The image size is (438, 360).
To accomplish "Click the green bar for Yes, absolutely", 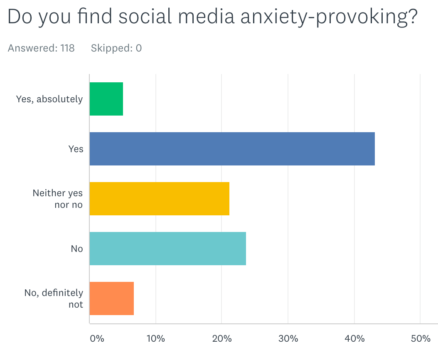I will click(106, 99).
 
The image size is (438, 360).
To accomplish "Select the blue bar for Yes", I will click(232, 149).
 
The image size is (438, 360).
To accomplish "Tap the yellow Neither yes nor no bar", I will click(159, 199).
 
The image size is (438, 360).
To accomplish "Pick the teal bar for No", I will click(167, 249).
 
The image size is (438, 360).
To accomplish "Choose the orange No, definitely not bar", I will click(111, 298).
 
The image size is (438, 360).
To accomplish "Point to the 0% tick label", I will click(97, 338).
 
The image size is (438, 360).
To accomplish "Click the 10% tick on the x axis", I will click(156, 338).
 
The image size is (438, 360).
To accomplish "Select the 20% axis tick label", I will click(222, 338).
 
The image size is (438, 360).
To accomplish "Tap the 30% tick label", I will click(288, 338).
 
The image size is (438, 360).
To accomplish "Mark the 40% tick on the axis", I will click(354, 338).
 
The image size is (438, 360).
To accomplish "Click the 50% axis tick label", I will click(420, 338).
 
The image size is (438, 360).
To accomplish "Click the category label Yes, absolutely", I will click(49, 99).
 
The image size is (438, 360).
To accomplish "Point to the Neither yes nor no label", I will click(58, 199).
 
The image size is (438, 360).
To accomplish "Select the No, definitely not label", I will click(54, 298).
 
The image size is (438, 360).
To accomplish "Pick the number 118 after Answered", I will click(67, 48).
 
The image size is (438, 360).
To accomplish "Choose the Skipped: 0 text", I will click(116, 48).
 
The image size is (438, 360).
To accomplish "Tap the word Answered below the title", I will click(32, 48).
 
